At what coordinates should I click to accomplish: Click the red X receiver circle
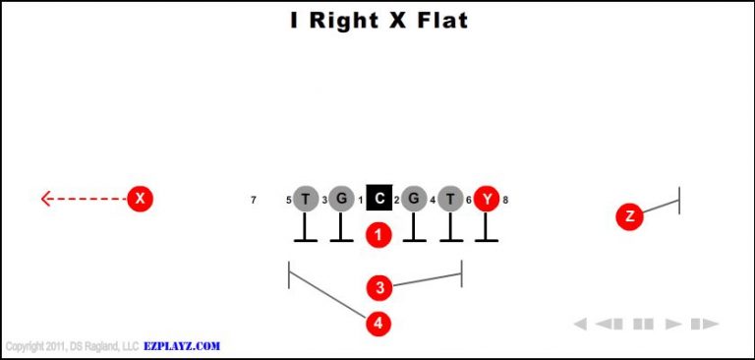(x=141, y=199)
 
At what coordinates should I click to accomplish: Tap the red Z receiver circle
(x=629, y=217)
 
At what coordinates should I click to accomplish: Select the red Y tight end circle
(x=486, y=200)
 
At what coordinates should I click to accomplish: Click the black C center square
(x=378, y=200)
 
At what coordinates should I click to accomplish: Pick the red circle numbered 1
(x=378, y=235)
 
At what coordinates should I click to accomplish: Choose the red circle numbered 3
(x=379, y=287)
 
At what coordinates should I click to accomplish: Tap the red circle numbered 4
(x=378, y=322)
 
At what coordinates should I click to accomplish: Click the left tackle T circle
(x=306, y=200)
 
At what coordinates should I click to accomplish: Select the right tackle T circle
(x=450, y=200)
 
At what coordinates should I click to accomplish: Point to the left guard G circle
(x=341, y=200)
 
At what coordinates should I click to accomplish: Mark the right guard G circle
(x=414, y=200)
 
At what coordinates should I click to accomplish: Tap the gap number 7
(x=254, y=201)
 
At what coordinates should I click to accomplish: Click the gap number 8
(x=505, y=201)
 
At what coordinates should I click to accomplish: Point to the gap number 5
(x=289, y=201)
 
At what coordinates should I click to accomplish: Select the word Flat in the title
(x=439, y=20)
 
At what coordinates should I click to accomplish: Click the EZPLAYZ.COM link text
(x=183, y=346)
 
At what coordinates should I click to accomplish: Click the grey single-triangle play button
(x=673, y=324)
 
